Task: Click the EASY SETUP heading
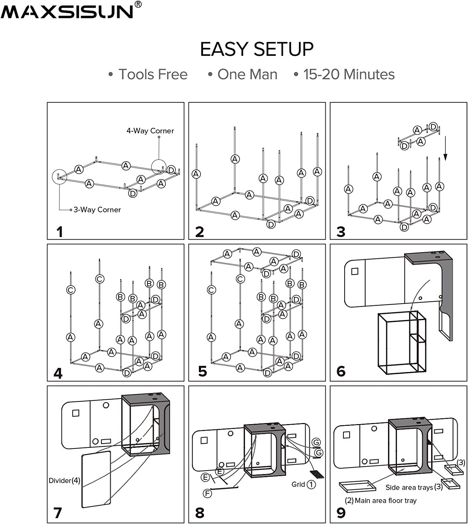pos(257,49)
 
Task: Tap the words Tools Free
pos(153,74)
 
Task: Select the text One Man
pos(247,74)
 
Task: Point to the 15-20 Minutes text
pos(348,74)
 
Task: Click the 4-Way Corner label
pos(150,131)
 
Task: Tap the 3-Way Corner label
pos(97,210)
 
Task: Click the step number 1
pos(60,232)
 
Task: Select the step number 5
pos(202,371)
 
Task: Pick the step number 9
pos(341,513)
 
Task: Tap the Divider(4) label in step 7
pos(64,481)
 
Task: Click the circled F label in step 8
pos(207,493)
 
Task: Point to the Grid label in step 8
pos(298,485)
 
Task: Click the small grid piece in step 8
pos(317,474)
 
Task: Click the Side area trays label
pos(413,487)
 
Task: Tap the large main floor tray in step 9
pos(357,486)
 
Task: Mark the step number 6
pos(341,371)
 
